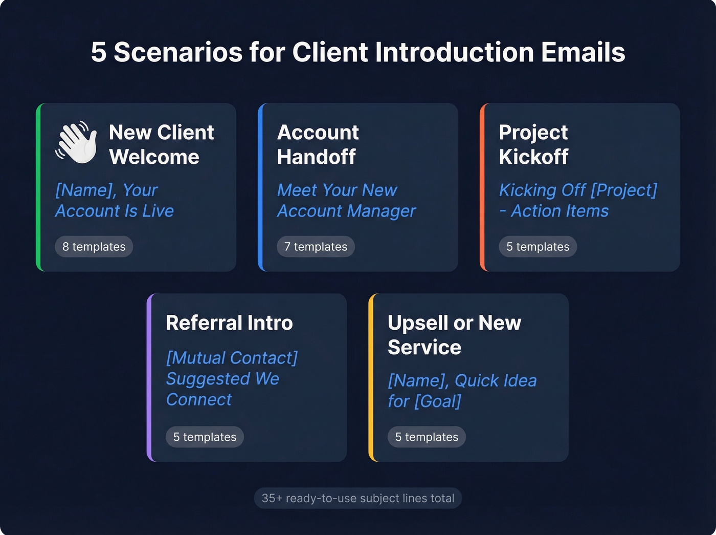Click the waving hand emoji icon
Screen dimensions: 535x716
[76, 143]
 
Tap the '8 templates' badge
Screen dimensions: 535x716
[94, 247]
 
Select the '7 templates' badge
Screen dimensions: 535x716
[316, 247]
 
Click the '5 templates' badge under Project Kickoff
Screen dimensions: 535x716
[538, 247]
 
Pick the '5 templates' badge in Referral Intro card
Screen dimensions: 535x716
[205, 437]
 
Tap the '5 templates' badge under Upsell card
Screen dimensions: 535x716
[427, 437]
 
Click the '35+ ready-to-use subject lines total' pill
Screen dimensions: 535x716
[358, 498]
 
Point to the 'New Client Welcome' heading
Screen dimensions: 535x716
[161, 144]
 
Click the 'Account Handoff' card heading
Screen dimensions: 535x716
[318, 144]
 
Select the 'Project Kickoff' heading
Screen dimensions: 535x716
[533, 144]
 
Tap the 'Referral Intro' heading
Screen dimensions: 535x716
[229, 323]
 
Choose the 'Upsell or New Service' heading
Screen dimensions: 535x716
[454, 335]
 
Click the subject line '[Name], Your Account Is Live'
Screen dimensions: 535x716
[115, 201]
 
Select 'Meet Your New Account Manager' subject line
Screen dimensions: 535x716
[346, 201]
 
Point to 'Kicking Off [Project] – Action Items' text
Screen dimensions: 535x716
[578, 201]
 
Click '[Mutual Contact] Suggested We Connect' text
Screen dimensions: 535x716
[232, 378]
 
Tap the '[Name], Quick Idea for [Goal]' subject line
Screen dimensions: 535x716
[462, 391]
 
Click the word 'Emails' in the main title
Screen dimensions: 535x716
[583, 52]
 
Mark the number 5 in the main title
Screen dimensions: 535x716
[99, 52]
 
